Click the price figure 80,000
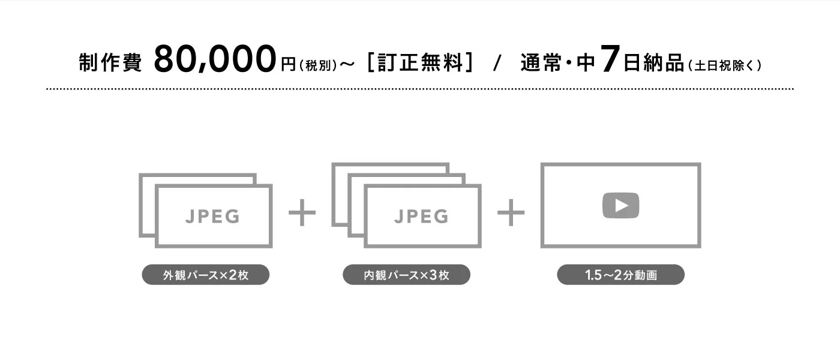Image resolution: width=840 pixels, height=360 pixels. (215, 59)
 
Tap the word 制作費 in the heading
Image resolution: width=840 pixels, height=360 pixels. (110, 62)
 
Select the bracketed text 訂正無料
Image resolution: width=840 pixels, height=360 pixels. (420, 62)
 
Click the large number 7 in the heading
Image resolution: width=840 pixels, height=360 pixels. (610, 58)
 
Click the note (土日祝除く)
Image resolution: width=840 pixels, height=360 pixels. (725, 65)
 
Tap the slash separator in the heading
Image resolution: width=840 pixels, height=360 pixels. (497, 62)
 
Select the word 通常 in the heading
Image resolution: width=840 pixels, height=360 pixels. (541, 62)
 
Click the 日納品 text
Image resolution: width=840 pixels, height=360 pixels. (653, 62)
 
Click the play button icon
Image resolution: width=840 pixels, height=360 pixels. (620, 205)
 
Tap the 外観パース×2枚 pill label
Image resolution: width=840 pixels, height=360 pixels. (205, 275)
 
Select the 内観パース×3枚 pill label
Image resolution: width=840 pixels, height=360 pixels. (407, 275)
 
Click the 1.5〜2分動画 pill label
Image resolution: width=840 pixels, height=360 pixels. (620, 275)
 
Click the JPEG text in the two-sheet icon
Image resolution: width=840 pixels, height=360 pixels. (212, 217)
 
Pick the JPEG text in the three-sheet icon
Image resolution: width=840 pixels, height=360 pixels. (421, 217)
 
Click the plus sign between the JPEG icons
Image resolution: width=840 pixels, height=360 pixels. (302, 212)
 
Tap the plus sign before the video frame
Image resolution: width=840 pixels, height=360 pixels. (511, 212)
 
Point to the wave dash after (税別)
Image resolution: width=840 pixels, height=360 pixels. (347, 65)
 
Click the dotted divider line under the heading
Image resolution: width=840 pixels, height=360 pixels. (420, 89)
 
